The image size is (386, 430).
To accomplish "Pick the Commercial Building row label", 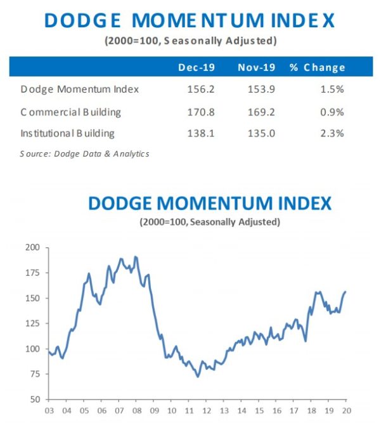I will tap(71, 112).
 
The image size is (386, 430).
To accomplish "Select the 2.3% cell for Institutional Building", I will tap(332, 134).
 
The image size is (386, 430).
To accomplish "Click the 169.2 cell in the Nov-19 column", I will tap(261, 112).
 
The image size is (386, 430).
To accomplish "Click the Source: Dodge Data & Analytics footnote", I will tap(84, 153).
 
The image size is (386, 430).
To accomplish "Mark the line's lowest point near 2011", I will tap(198, 377).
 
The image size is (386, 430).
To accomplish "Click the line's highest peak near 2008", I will tap(135, 257).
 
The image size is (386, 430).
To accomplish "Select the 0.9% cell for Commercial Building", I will tap(332, 112).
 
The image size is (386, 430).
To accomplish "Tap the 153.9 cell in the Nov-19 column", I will tap(261, 89).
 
